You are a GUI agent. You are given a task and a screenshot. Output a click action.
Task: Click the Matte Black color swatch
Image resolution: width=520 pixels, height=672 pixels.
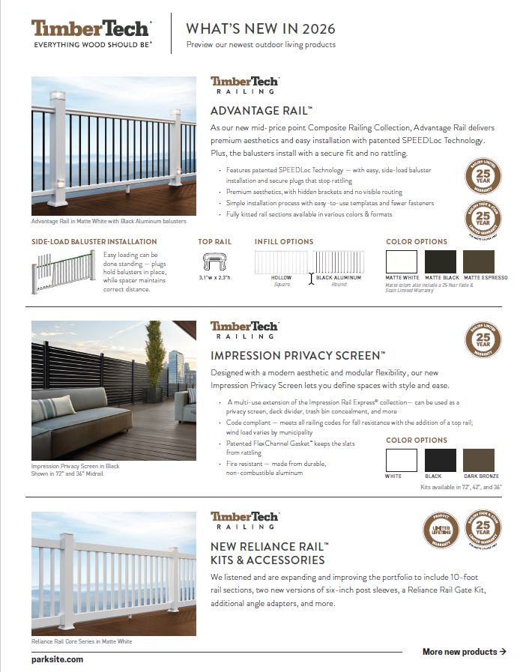tap(441, 261)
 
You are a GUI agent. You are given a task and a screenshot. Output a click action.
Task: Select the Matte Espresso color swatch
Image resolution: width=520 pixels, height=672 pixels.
tap(480, 261)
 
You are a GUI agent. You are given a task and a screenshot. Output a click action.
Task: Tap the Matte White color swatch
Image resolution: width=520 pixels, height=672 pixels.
tap(402, 261)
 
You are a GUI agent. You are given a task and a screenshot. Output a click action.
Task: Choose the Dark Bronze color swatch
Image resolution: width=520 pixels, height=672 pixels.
tap(480, 460)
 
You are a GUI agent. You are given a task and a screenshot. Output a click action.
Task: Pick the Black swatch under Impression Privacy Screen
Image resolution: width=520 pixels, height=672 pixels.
tap(441, 460)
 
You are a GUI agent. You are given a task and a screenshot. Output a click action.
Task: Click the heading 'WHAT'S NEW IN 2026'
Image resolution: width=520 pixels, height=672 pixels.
tap(260, 29)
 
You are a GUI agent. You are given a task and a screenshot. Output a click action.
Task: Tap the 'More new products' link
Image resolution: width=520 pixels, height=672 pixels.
tap(464, 652)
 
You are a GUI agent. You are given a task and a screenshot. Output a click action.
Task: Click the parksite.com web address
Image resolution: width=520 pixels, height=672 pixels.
tap(58, 659)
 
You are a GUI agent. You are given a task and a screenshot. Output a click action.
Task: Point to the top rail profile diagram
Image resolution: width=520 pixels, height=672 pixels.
tap(214, 261)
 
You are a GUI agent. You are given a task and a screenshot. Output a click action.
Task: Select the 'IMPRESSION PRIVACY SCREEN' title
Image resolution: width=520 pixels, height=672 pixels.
tap(297, 355)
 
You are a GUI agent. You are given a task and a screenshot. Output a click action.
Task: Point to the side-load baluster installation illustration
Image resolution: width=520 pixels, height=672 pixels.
tap(64, 270)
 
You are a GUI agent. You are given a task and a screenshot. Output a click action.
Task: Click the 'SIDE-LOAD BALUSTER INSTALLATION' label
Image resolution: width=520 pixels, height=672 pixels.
tap(94, 242)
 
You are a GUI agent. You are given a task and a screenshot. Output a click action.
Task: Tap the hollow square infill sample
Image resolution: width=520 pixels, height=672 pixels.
tap(281, 263)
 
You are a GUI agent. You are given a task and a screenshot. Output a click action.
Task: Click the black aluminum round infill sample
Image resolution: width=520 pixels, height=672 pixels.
tap(339, 263)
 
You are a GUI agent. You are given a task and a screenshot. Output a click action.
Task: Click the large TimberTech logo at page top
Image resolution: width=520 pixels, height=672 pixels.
tap(91, 29)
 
